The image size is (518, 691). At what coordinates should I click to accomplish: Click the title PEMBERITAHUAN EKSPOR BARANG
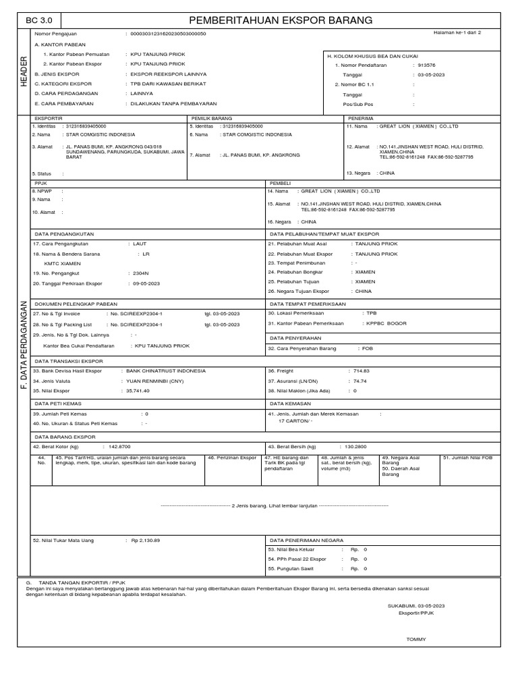click(281, 21)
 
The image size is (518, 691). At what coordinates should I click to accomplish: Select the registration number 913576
click(428, 65)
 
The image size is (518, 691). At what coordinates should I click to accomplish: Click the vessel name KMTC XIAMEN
click(59, 263)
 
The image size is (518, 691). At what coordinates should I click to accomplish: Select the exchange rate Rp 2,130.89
click(145, 541)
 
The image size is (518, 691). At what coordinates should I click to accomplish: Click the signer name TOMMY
click(415, 638)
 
